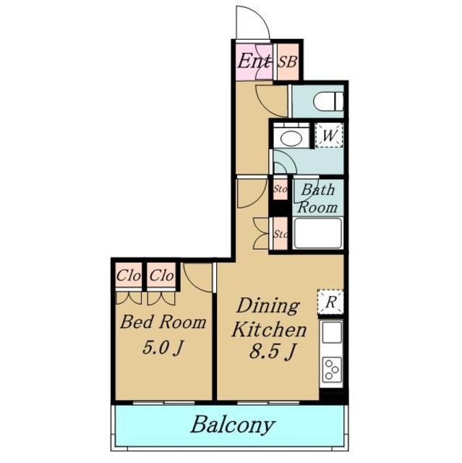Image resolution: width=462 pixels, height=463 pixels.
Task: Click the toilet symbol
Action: tap(328, 101)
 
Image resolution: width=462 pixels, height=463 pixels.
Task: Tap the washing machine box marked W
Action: tap(329, 135)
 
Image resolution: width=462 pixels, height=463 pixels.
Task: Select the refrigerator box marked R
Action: tap(330, 302)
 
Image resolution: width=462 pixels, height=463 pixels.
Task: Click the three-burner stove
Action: tap(332, 369)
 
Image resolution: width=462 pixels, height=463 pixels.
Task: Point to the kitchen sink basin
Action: tap(332, 332)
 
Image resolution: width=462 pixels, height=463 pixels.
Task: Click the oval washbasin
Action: tap(291, 138)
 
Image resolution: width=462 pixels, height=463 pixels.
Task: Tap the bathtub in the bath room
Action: tap(318, 233)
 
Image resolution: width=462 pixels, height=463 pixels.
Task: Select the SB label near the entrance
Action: tap(287, 62)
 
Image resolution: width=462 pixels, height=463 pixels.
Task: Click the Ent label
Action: tap(253, 61)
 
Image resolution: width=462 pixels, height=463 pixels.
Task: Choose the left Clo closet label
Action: tap(129, 276)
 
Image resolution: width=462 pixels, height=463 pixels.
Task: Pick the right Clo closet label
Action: tap(161, 276)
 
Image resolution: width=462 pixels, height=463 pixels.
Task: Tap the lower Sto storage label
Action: tap(281, 234)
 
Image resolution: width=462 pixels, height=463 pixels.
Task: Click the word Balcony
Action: tap(233, 425)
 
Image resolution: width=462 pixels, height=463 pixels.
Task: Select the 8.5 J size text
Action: tap(271, 352)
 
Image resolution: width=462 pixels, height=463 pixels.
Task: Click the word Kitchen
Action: tap(269, 329)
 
